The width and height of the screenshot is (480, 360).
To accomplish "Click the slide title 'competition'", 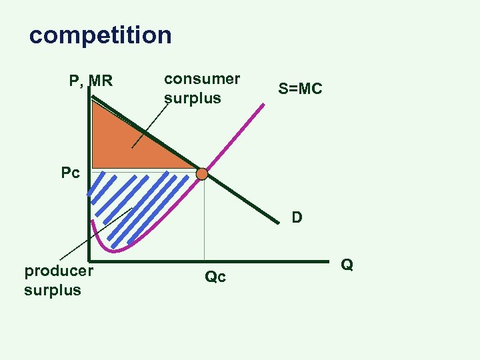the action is (x=100, y=35).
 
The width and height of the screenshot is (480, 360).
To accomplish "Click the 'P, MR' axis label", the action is (x=91, y=81).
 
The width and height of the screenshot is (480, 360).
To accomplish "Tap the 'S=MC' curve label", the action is (x=300, y=88).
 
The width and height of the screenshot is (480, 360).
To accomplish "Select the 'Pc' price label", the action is (x=70, y=173).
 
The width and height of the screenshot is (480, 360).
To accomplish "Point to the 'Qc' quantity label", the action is (x=215, y=276).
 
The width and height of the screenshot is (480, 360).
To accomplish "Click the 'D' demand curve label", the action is (x=297, y=217).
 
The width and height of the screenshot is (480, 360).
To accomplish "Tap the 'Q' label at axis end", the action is (x=347, y=265).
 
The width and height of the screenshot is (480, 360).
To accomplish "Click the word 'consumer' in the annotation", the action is (x=202, y=79).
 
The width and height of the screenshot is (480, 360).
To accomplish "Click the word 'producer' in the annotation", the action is (x=59, y=271).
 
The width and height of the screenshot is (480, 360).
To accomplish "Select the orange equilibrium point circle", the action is (x=202, y=174).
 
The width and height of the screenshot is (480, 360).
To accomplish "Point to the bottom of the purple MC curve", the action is (x=115, y=251).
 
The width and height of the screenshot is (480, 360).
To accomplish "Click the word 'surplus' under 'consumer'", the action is (x=192, y=98).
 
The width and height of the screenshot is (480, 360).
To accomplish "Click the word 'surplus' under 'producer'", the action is (x=53, y=290).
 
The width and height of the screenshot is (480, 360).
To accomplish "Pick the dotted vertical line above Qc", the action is (x=204, y=220).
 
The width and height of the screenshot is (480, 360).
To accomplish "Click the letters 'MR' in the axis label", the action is (x=101, y=81).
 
